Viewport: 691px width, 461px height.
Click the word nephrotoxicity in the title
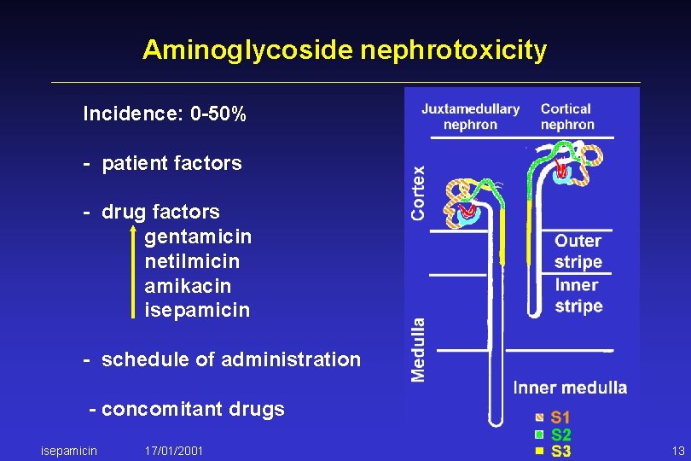[453, 51]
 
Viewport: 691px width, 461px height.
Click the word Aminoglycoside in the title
[247, 51]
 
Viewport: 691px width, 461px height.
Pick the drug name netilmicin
[192, 261]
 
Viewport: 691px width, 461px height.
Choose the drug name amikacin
[188, 286]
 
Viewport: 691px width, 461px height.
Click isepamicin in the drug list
[197, 311]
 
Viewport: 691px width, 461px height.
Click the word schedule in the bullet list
[146, 359]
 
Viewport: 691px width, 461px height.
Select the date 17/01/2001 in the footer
[174, 450]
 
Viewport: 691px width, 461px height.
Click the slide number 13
[678, 450]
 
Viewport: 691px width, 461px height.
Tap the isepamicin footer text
[69, 450]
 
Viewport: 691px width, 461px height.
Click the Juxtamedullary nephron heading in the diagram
[470, 117]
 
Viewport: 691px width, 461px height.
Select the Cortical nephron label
[566, 117]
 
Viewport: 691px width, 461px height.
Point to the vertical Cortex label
[418, 193]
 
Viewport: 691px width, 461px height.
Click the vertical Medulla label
[418, 350]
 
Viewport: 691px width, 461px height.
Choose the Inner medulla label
[570, 388]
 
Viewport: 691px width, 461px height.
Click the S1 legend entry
[560, 418]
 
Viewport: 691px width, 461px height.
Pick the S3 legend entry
[560, 451]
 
